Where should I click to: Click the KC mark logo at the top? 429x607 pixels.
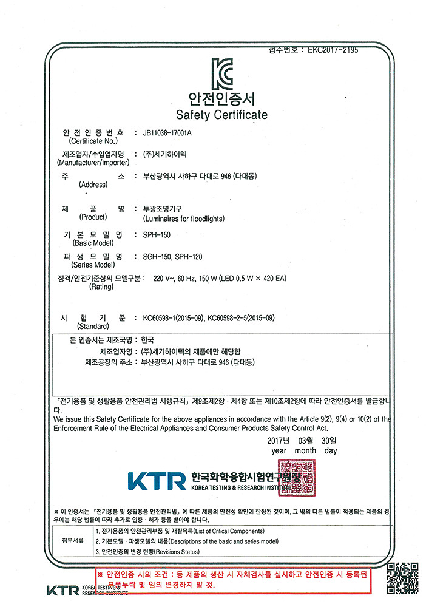coord(221,75)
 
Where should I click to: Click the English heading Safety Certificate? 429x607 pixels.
coord(221,115)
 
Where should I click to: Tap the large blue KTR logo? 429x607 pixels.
coord(157,481)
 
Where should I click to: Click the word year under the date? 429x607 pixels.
coord(279,450)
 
